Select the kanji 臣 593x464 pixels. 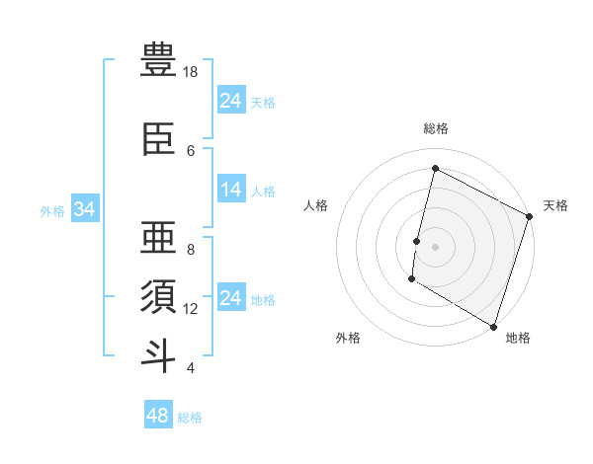click(158, 140)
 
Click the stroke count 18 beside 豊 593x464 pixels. click(191, 72)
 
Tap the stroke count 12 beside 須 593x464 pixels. click(191, 309)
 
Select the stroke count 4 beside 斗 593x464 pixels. click(190, 368)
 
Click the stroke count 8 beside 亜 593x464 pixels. click(190, 250)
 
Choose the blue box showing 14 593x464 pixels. click(230, 190)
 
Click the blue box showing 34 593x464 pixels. click(84, 209)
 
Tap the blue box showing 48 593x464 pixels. click(158, 416)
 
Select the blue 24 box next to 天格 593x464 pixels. click(230, 101)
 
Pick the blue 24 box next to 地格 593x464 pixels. click(230, 298)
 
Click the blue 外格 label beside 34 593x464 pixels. click(52, 210)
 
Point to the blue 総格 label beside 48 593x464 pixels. click(190, 418)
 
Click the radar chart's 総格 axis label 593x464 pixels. click(435, 128)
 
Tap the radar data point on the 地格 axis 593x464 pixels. click(493, 325)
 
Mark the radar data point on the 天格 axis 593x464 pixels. click(530, 216)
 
